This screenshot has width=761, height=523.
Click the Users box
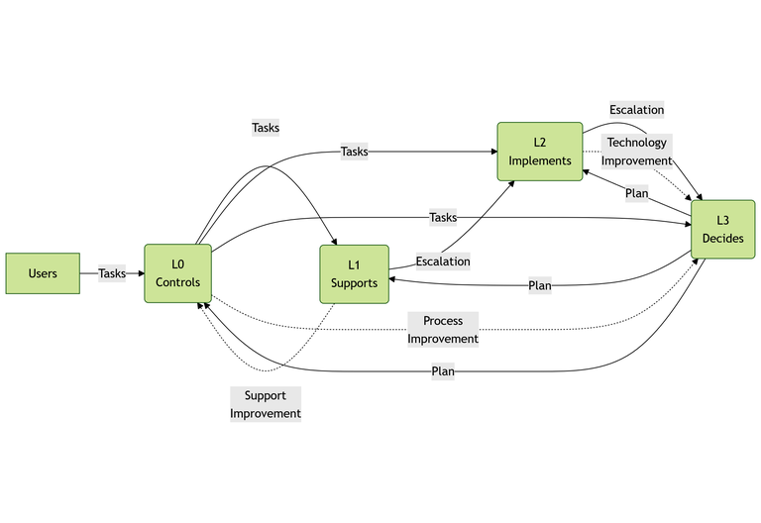pos(43,273)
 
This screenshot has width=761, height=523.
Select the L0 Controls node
pos(177,273)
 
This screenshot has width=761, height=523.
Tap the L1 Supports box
pos(354,273)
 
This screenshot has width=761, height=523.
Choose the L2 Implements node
pos(539,152)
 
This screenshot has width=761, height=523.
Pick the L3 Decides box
pos(722,229)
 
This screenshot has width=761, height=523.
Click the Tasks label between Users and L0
pos(112,273)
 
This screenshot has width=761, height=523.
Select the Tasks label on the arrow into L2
pos(354,152)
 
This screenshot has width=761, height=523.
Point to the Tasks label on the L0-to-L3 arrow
pos(443,217)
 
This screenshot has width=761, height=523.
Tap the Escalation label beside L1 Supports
pos(443,261)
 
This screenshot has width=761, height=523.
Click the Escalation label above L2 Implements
pos(636,110)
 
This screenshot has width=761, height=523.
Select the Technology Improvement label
pos(636,152)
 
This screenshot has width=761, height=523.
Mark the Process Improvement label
pos(443,330)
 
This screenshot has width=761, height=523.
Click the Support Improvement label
pos(265,404)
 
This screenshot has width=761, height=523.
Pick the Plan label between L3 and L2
pos(636,193)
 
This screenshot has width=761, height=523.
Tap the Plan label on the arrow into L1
pos(540,285)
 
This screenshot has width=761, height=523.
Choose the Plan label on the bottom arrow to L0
pos(443,371)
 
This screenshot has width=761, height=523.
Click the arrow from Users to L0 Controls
pos(89,273)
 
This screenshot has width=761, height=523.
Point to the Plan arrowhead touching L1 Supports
pos(393,280)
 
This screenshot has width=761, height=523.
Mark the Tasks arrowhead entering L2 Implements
pos(491,152)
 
